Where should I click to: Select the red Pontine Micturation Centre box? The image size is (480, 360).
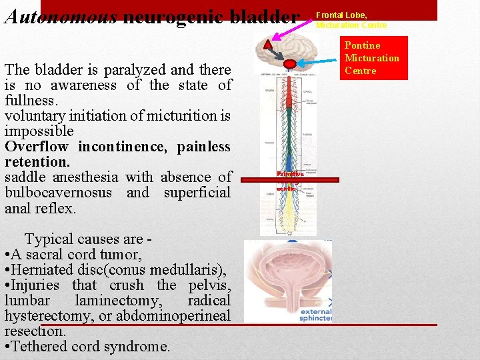tap(375, 58)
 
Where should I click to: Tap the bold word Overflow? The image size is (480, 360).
tap(36, 147)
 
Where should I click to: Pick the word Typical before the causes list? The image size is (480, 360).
tap(50, 239)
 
